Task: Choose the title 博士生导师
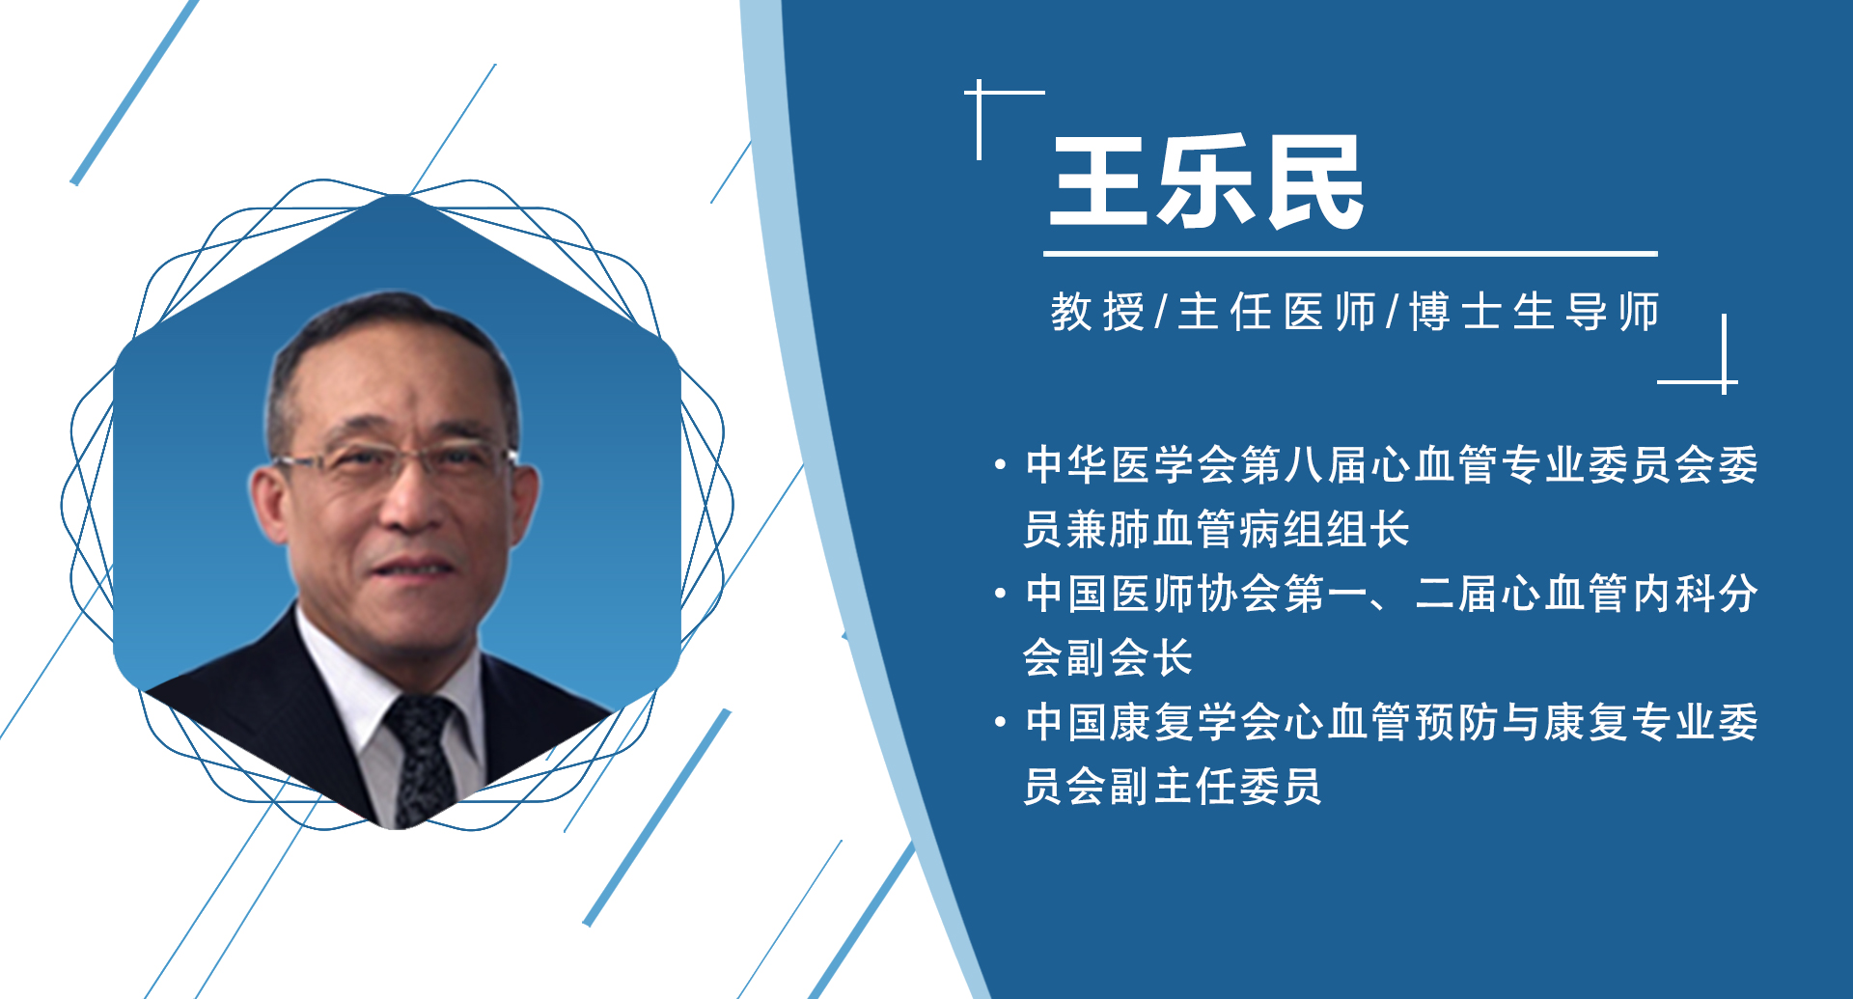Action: tap(1535, 313)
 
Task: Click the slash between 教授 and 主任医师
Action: tap(1161, 313)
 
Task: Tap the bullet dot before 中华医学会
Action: tap(1000, 466)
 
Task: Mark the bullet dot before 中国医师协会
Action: tap(1000, 595)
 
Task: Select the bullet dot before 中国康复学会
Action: tap(1000, 723)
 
